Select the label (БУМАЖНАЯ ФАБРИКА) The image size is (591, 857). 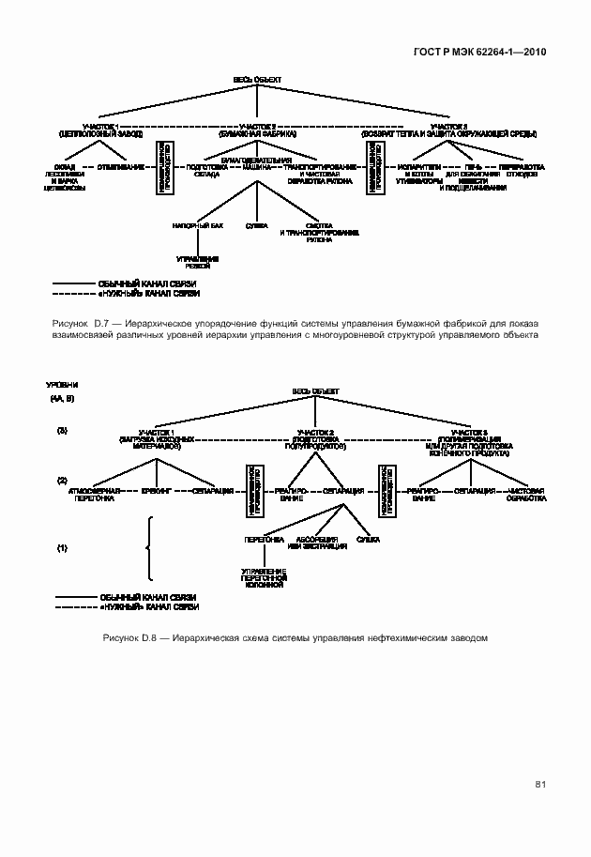click(258, 134)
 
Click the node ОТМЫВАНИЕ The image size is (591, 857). click(121, 166)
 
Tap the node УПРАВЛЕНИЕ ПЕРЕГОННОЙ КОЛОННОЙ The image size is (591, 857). click(263, 576)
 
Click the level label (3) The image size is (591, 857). click(63, 431)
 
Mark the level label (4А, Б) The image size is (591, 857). click(62, 400)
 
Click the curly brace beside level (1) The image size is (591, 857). click(147, 550)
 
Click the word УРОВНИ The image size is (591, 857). click(62, 385)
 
